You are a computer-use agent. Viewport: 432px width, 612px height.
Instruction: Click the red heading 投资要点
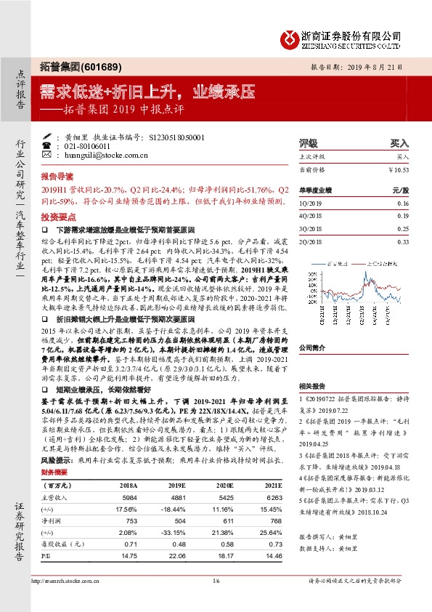point(57,217)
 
